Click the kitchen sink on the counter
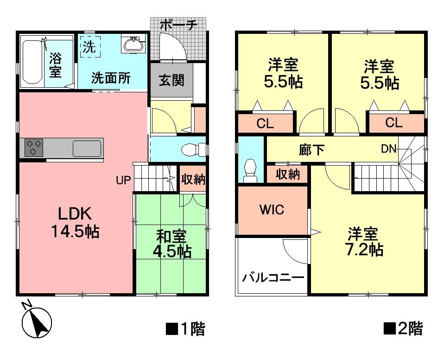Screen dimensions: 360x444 coord(87,149)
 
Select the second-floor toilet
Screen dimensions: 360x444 coord(251,170)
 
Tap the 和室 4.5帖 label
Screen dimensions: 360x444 coord(171,244)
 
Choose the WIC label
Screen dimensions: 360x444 coord(272,209)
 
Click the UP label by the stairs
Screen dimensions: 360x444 coord(124,180)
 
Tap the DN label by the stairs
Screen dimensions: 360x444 coord(388,149)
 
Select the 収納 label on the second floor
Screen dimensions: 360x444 coord(288,174)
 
